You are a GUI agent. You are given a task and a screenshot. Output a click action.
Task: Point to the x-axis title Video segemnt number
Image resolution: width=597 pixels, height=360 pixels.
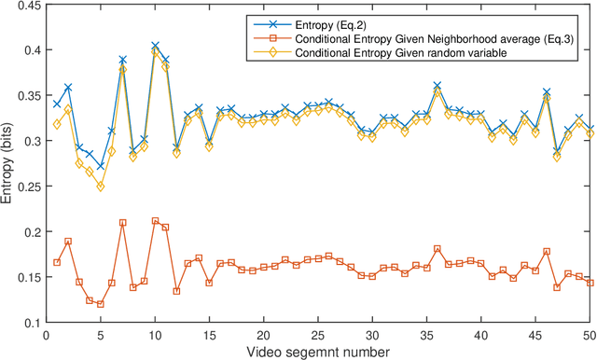tap(318, 352)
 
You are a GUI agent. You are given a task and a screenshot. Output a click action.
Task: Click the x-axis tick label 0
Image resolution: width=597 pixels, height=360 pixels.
tap(46, 335)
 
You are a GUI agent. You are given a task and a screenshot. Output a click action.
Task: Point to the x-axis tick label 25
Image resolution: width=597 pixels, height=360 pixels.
tap(318, 335)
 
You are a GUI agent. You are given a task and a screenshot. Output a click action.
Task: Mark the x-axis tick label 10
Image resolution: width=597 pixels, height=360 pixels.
tap(155, 335)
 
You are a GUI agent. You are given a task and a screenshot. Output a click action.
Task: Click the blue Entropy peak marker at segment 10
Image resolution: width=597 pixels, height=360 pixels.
tap(155, 45)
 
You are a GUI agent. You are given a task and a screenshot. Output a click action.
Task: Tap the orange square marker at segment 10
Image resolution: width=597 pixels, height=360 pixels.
tap(155, 221)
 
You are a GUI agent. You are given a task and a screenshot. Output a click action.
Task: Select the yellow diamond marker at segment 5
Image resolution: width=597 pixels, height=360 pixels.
tap(101, 187)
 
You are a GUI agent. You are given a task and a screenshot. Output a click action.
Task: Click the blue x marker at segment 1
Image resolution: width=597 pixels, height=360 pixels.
tap(57, 104)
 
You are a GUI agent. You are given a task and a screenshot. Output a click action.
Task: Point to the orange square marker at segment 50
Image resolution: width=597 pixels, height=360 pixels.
tap(590, 283)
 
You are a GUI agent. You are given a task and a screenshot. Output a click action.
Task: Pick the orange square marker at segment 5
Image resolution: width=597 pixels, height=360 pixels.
tap(101, 304)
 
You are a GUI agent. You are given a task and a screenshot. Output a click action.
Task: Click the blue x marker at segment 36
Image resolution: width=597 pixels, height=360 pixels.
tap(437, 85)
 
